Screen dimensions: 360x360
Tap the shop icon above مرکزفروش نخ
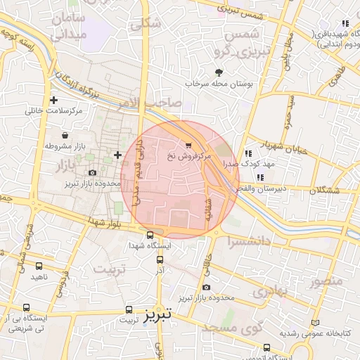188,145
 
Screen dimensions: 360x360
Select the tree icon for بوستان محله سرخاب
219,72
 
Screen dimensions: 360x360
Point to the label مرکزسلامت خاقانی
54,110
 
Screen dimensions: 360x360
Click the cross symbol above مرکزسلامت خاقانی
53,100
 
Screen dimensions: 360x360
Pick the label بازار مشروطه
64,146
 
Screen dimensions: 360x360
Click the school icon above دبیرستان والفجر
260,177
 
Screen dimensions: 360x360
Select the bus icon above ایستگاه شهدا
149,236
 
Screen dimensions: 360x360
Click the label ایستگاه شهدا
148,247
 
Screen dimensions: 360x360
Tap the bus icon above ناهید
39,266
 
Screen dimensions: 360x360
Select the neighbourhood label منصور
326,281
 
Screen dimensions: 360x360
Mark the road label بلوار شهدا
105,223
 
